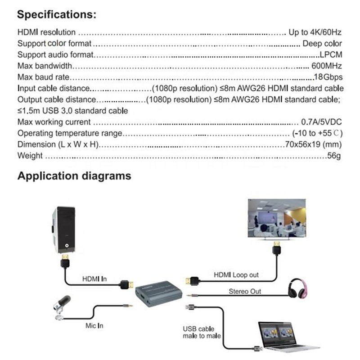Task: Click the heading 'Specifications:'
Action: point(57,14)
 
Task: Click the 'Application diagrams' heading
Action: point(74,175)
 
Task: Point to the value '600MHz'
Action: point(327,66)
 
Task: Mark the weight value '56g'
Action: point(334,156)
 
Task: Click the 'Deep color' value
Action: point(322,44)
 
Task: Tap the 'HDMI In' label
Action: point(94,279)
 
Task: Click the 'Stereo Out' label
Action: point(245,292)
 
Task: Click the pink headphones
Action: point(296,288)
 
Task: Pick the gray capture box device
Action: point(158,295)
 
